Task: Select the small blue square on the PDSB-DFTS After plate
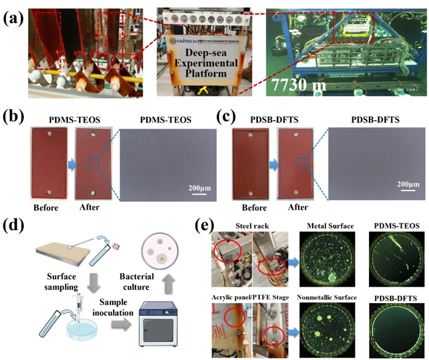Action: click(x=300, y=162)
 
